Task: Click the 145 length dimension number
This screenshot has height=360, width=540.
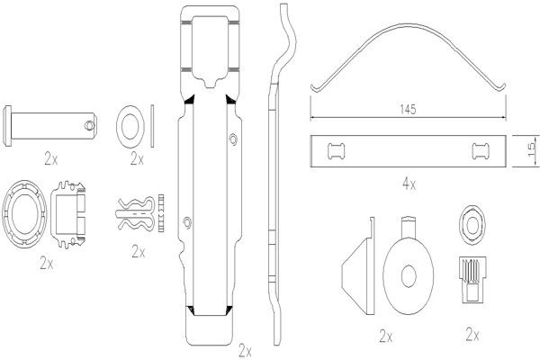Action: [408, 109]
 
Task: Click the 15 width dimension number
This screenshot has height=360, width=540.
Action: [532, 148]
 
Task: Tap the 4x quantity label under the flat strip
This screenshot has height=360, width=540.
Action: [409, 184]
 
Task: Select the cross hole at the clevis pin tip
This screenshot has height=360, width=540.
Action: [89, 125]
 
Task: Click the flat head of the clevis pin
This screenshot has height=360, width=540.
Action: [7, 126]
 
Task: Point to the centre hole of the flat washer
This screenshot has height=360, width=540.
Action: [130, 126]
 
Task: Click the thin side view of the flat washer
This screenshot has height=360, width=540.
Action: [152, 126]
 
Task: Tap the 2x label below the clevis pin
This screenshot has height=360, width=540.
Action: [51, 158]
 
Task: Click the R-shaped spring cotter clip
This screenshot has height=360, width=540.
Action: [135, 214]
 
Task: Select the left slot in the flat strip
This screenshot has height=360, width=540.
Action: [336, 151]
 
